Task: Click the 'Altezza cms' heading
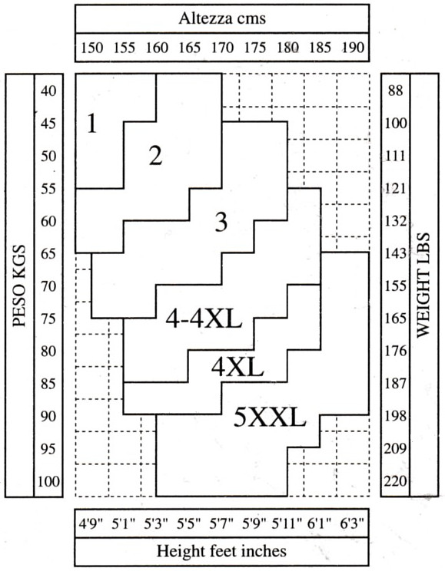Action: click(x=222, y=18)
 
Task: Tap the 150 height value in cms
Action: click(x=92, y=48)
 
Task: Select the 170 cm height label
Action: click(x=222, y=48)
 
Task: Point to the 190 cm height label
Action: click(x=353, y=48)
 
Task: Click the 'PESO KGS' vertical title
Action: click(x=19, y=285)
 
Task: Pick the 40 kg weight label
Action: click(x=48, y=91)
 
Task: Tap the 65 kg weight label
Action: click(x=48, y=253)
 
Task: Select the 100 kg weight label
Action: click(x=48, y=481)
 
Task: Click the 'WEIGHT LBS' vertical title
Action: click(x=423, y=285)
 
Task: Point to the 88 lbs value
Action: click(x=396, y=91)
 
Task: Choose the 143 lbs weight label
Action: click(x=396, y=253)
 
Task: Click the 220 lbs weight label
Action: click(x=396, y=481)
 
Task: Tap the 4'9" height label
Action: click(x=91, y=523)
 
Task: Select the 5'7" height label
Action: click(x=221, y=523)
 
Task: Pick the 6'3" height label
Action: click(x=352, y=523)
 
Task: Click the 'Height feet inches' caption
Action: click(x=221, y=550)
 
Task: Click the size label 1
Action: click(x=92, y=124)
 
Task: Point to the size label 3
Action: click(x=221, y=222)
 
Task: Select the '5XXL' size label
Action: click(x=270, y=417)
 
